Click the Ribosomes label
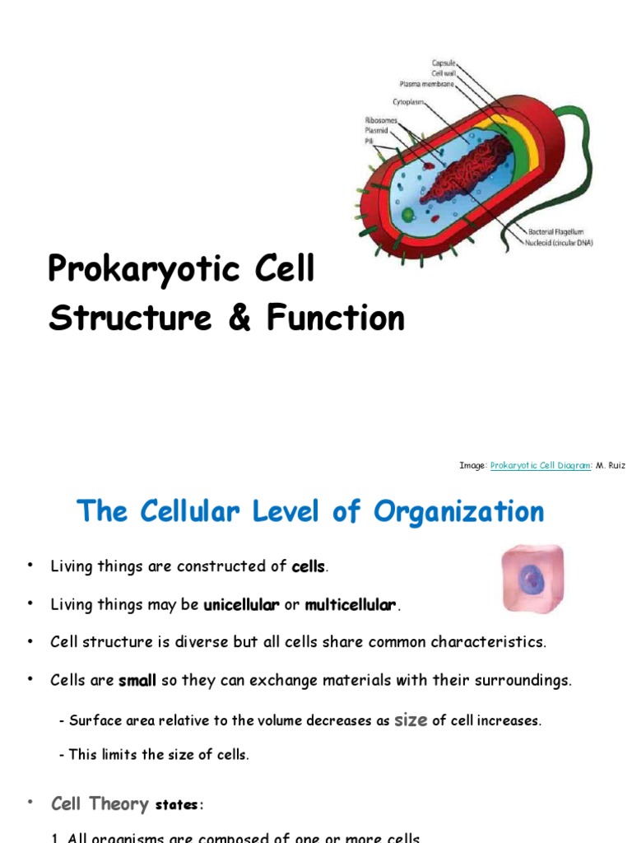382,120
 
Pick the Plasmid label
376,130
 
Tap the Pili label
369,141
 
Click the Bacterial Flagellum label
555,232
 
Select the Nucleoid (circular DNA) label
560,242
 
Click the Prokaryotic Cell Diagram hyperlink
540,466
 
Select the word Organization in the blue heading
458,511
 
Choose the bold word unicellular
241,606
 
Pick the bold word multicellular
351,606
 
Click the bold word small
137,681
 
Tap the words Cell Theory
100,803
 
